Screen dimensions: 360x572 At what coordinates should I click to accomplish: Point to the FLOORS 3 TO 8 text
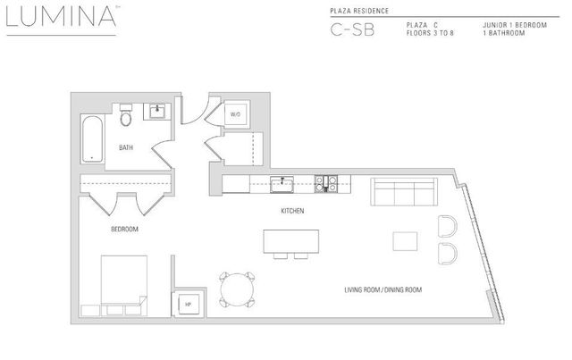pyautogui.click(x=431, y=33)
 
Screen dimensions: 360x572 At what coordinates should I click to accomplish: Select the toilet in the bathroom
pyautogui.click(x=126, y=117)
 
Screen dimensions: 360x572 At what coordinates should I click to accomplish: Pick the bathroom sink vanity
pyautogui.click(x=157, y=113)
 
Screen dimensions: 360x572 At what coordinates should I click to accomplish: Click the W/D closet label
pyautogui.click(x=235, y=114)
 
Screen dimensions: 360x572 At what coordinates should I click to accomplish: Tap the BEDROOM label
pyautogui.click(x=123, y=230)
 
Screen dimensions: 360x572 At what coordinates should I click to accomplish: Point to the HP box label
pyautogui.click(x=188, y=305)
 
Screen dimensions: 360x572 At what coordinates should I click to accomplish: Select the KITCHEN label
pyautogui.click(x=292, y=212)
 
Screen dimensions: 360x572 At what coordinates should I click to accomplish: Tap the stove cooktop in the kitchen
pyautogui.click(x=328, y=185)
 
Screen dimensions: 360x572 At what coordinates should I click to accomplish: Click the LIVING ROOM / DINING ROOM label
pyautogui.click(x=383, y=290)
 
